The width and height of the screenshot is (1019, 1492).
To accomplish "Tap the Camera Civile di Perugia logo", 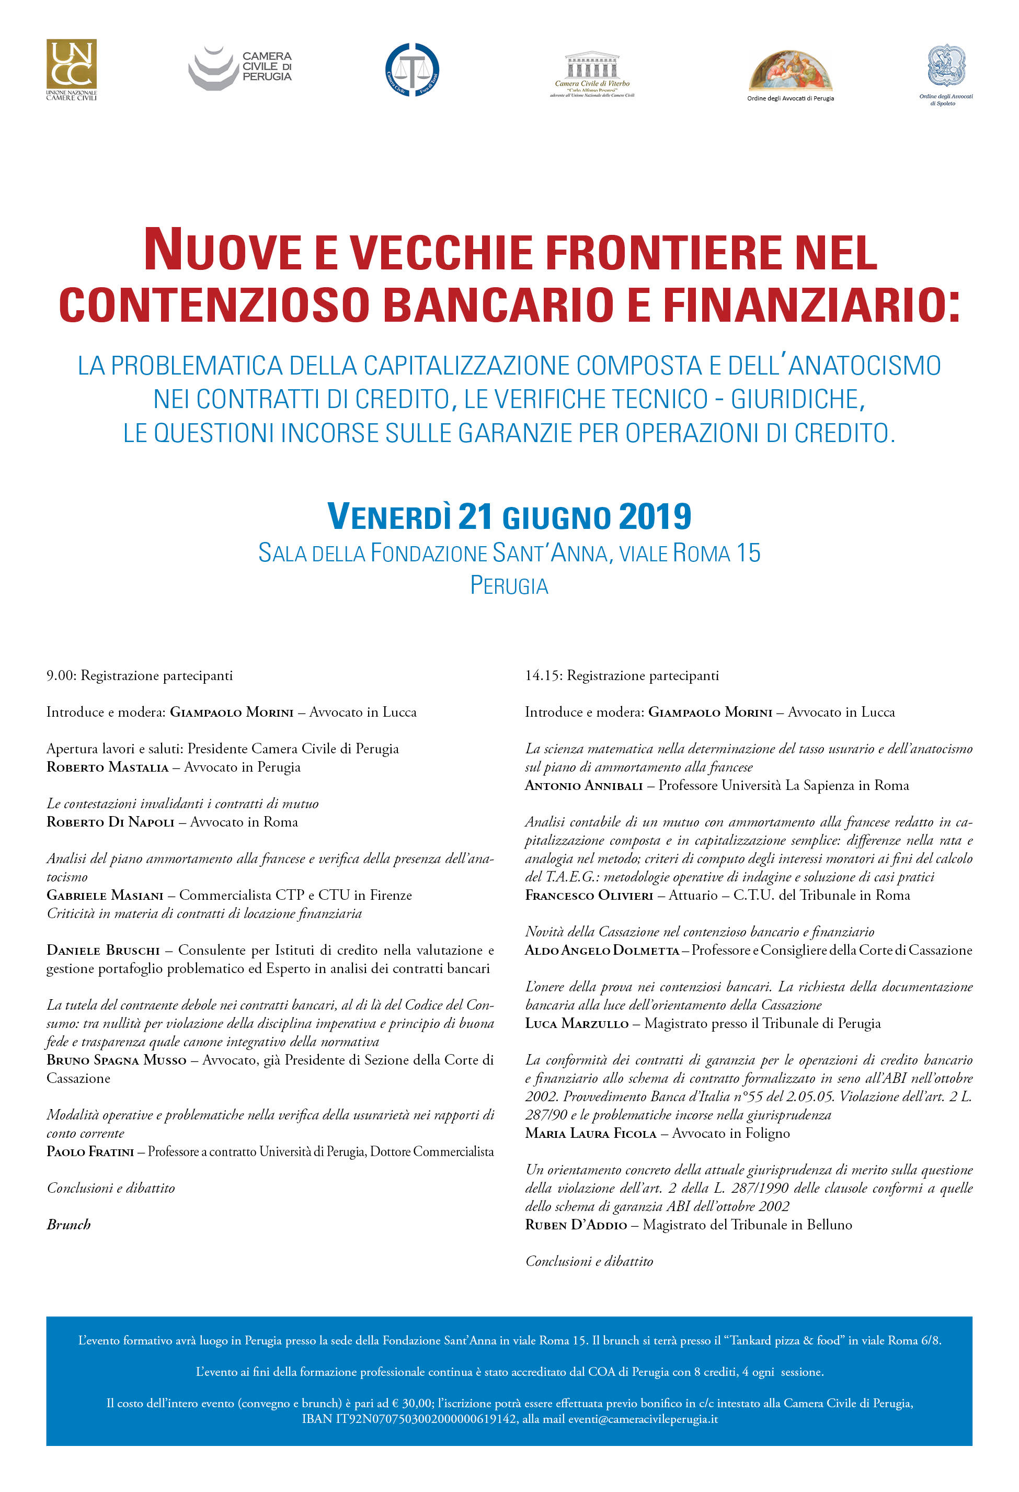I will (x=240, y=67).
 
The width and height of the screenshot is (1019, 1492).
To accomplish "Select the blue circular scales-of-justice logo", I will (x=412, y=70).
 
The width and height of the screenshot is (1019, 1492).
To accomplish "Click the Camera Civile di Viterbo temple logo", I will (x=592, y=71).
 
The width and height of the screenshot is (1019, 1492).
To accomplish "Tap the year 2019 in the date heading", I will (x=655, y=517).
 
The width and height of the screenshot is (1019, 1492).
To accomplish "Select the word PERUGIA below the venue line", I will (x=509, y=585).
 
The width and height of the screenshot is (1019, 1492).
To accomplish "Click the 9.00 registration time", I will (x=61, y=675).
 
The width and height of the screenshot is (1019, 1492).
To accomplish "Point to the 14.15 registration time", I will (x=543, y=675).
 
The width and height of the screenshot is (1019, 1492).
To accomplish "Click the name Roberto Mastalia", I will (x=107, y=767).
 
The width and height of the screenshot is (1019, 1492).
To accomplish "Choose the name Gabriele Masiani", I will (x=105, y=895).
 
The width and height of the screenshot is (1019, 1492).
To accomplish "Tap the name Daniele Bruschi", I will (x=102, y=950).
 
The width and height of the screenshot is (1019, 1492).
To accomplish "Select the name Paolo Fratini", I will (x=90, y=1152).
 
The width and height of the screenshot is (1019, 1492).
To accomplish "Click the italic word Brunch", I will (x=68, y=1225).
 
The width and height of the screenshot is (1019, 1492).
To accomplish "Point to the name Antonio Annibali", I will (x=583, y=786).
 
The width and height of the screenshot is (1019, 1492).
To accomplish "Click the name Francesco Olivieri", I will (x=588, y=896).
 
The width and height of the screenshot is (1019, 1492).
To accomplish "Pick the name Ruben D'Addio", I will (x=576, y=1225).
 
